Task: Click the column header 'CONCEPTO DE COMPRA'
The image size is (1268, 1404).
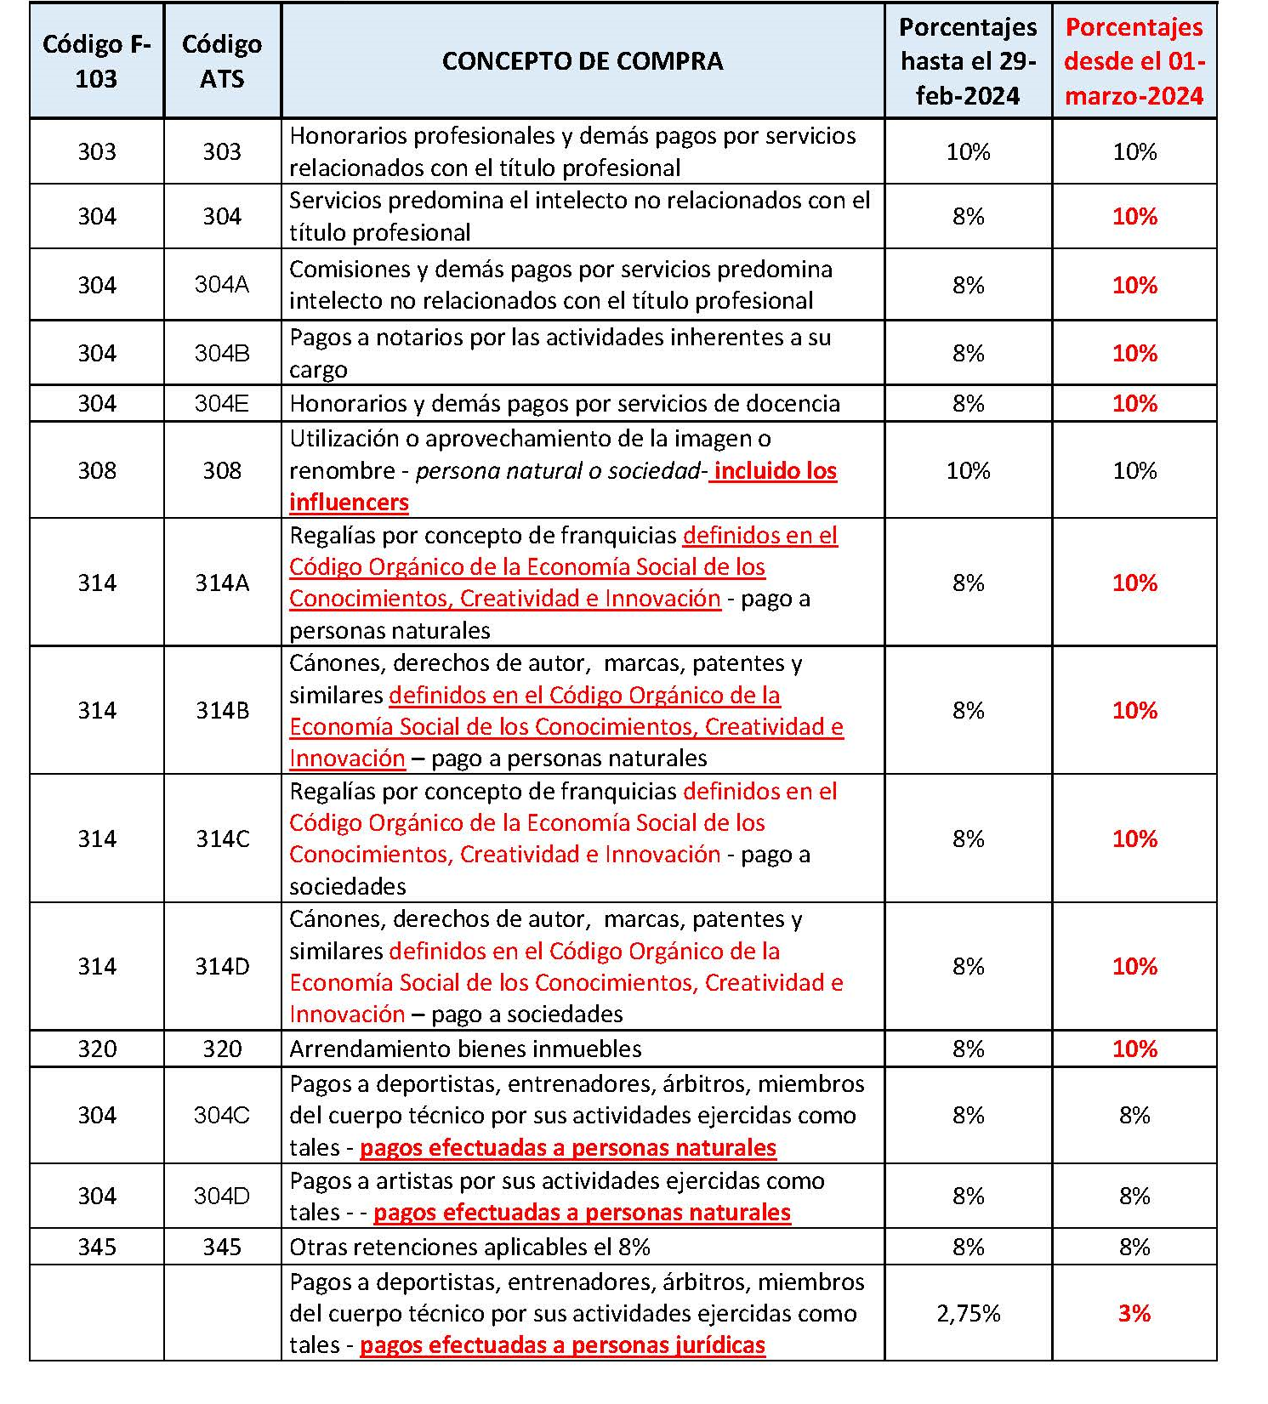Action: point(583,61)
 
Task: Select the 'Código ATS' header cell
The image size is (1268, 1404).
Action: point(222,61)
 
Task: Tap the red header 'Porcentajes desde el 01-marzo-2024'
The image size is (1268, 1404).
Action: point(1134,61)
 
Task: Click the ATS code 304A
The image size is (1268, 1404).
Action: point(222,284)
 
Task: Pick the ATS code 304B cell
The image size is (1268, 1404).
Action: point(222,353)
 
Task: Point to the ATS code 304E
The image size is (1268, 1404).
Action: point(222,403)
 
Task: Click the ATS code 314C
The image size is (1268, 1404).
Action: point(223,838)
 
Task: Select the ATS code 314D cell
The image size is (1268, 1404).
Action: point(223,966)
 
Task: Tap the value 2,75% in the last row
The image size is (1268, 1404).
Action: point(968,1313)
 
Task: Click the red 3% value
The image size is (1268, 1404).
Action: point(1134,1313)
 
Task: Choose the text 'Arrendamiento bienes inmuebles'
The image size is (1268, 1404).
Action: point(465,1049)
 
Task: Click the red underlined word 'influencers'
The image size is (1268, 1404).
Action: point(349,503)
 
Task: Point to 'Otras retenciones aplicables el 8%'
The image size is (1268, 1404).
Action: point(469,1247)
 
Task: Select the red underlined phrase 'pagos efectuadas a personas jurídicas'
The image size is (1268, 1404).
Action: point(562,1345)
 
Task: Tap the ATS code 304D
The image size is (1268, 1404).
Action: point(222,1196)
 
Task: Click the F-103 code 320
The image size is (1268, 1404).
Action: point(97,1049)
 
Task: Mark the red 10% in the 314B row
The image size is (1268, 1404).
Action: point(1134,710)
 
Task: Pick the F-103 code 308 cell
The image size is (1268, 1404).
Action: point(97,470)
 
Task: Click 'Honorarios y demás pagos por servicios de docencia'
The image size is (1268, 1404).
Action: point(565,403)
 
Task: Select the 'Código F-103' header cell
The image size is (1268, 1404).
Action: point(97,61)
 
